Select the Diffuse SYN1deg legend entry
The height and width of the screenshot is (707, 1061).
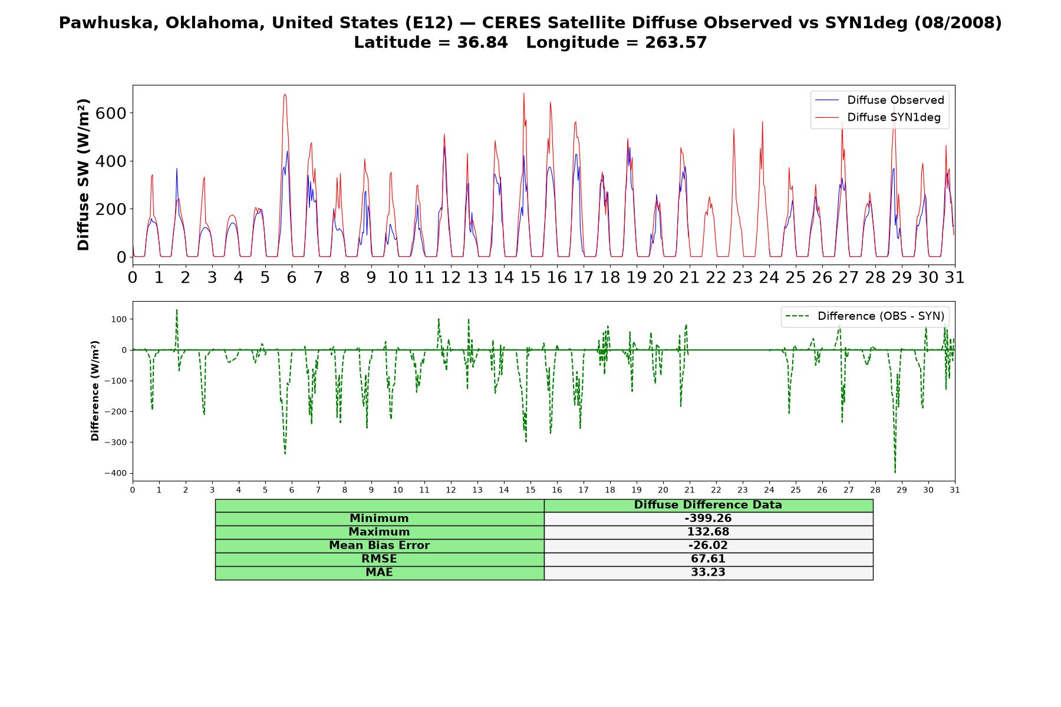tap(878, 117)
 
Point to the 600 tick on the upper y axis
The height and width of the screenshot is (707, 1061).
tap(111, 113)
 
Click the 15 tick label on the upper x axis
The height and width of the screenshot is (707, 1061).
tap(530, 277)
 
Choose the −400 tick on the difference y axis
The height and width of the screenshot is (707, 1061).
tap(115, 473)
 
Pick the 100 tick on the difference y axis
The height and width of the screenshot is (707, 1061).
tap(119, 319)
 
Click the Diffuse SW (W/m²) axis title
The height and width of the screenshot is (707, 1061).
tap(84, 175)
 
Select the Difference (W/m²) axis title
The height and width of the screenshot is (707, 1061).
tap(95, 391)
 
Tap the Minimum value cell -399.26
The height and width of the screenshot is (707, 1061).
tap(708, 518)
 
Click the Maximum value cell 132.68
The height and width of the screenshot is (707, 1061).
tap(708, 532)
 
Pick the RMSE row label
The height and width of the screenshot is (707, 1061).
tap(379, 559)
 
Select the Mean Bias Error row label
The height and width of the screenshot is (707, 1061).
tap(379, 546)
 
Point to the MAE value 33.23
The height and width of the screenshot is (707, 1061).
tap(708, 573)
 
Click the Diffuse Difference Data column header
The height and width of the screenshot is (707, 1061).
tap(708, 505)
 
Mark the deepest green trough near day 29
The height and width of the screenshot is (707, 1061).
tap(895, 472)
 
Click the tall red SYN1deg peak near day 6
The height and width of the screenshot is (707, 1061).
tap(285, 95)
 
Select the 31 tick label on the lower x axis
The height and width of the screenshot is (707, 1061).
tap(955, 490)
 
